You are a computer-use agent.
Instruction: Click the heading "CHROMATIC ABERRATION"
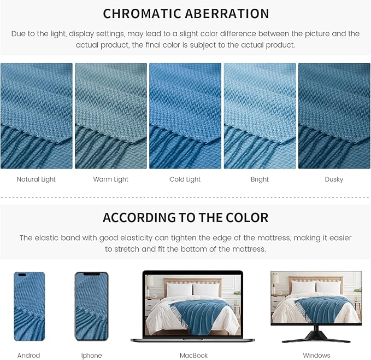pos(186,14)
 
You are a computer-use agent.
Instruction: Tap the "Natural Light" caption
pos(36,179)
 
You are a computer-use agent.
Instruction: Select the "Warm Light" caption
pos(110,179)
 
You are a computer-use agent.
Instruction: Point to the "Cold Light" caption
pos(185,179)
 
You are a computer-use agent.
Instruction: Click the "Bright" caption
pos(260,179)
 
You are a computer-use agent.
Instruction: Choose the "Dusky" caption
pos(334,179)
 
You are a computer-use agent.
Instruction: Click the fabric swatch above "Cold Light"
pos(185,115)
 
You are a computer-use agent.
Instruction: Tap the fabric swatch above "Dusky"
pos(334,115)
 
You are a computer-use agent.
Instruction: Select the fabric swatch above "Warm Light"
pos(110,115)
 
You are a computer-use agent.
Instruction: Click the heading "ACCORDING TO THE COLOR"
pos(186,218)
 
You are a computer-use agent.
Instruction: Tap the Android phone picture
pos(29,306)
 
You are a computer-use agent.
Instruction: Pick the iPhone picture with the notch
pos(91,306)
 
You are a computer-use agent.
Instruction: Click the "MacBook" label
pos(194,356)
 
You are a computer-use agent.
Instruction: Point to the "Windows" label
pos(317,356)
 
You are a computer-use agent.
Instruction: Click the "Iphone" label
pos(91,356)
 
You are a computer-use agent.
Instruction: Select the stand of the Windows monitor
pos(316,335)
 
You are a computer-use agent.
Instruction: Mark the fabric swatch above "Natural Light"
pos(36,115)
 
